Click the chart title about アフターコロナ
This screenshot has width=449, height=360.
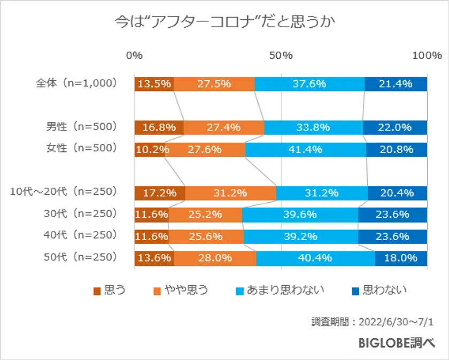pyautogui.click(x=224, y=22)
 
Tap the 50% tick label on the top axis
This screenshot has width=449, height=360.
pyautogui.click(x=281, y=55)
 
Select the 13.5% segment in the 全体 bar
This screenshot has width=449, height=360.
pyautogui.click(x=154, y=84)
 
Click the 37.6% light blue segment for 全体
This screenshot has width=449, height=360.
pyautogui.click(x=309, y=84)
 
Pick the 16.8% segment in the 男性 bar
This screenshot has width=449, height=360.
pyautogui.click(x=159, y=127)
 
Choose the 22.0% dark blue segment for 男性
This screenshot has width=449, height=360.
pyautogui.click(x=395, y=127)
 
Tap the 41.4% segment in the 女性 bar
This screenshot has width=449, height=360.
pyautogui.click(x=306, y=150)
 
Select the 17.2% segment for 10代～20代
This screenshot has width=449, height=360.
pyautogui.click(x=159, y=193)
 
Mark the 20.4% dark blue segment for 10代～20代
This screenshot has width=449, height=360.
pyautogui.click(x=398, y=193)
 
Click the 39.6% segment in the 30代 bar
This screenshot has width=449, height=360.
pyautogui.click(x=300, y=215)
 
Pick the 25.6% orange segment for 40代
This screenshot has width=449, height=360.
pyautogui.click(x=206, y=236)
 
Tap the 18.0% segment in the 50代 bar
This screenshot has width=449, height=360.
pyautogui.click(x=401, y=258)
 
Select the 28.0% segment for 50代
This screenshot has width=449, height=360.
pyautogui.click(x=215, y=258)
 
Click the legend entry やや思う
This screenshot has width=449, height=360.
pyautogui.click(x=181, y=290)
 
